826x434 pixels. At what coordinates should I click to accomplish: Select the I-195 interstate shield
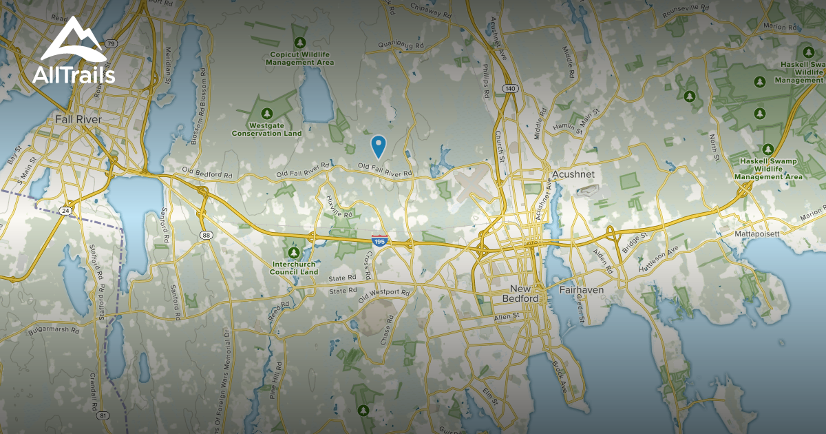[379, 240]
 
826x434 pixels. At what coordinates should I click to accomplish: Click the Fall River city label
[78, 120]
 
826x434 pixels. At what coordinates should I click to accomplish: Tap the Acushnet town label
[572, 174]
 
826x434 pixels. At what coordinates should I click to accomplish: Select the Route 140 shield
[509, 89]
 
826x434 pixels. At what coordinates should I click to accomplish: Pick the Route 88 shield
[206, 235]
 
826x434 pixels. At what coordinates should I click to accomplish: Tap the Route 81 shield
[103, 415]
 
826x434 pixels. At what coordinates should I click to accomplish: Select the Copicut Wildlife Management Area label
[300, 58]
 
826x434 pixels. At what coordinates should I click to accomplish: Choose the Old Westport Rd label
[384, 296]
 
